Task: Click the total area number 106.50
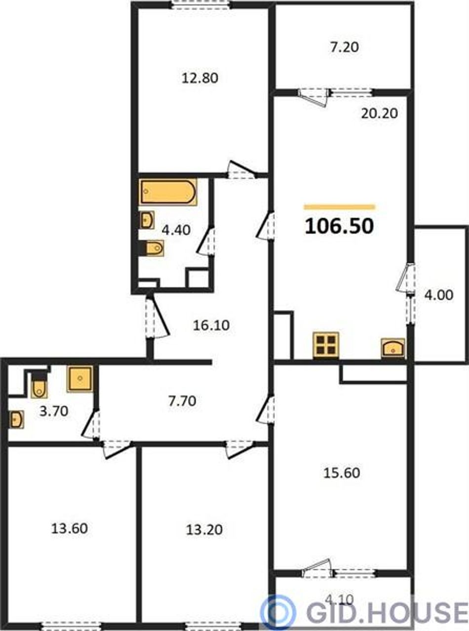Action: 339,227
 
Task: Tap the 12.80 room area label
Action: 200,78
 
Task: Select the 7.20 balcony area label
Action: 345,47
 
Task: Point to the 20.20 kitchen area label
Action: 379,114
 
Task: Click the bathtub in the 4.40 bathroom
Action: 168,193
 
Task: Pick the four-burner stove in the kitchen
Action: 326,345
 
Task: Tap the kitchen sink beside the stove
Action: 393,348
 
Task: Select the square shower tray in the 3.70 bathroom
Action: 80,379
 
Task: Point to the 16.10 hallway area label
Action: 211,325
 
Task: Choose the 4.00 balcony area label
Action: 438,295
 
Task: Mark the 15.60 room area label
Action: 342,473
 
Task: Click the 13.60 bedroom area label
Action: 70,529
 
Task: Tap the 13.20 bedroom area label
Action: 204,530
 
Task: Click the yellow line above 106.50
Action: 340,207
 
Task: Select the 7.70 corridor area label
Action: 182,401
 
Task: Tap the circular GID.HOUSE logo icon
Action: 278,609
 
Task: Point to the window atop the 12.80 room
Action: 201,5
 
